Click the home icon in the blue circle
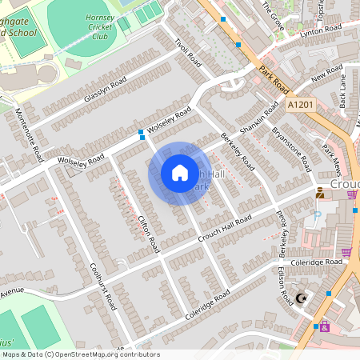click(179, 173)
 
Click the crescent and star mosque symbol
click(301, 298)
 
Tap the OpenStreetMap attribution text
click(81, 354)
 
